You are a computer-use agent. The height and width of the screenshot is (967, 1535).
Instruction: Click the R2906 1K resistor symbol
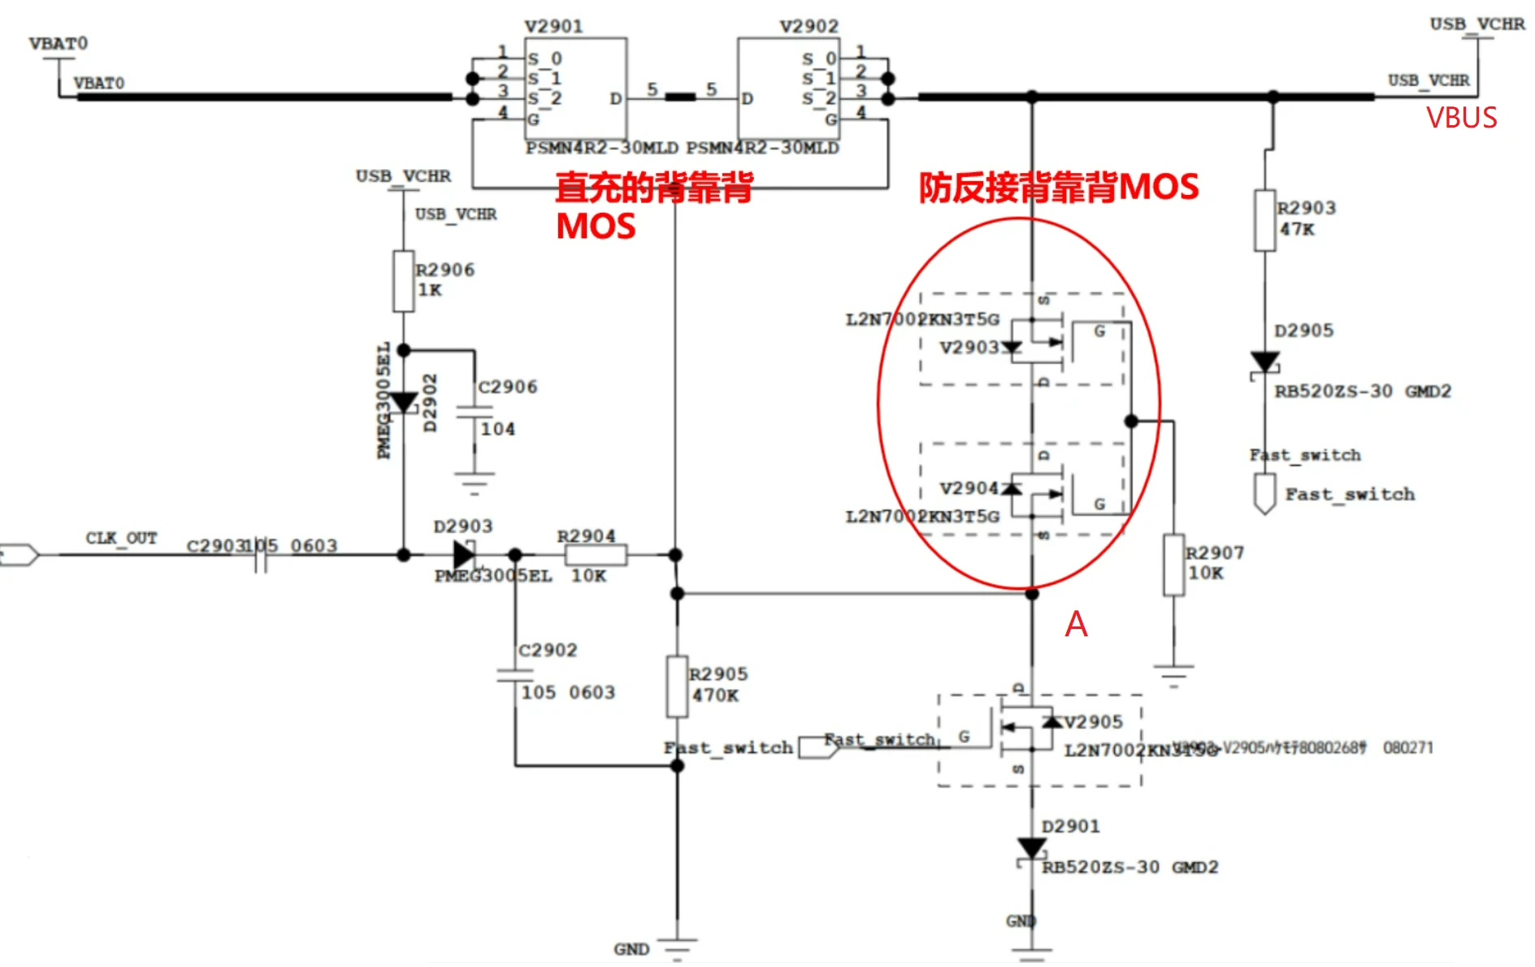click(403, 281)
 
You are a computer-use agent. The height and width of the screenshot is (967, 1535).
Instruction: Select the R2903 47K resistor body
click(1264, 220)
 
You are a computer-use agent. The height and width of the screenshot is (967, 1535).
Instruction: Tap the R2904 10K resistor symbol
click(596, 555)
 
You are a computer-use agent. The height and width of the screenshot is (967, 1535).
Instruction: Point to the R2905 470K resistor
click(677, 687)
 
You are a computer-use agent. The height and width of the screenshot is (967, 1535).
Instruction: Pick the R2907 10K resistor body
click(1173, 565)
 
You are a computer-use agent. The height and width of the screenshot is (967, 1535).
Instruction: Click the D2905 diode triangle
click(1264, 362)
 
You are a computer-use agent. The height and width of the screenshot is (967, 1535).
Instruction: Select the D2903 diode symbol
click(464, 555)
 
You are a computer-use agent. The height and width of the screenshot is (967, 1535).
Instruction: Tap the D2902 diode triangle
click(403, 402)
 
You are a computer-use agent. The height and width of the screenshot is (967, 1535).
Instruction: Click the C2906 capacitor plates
click(475, 412)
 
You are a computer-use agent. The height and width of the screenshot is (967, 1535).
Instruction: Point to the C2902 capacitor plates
click(515, 674)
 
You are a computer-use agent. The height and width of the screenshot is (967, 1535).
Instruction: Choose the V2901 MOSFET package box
click(576, 89)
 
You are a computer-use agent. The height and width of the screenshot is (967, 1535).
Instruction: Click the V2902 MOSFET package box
click(787, 89)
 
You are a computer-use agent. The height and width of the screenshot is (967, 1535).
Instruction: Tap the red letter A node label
click(1076, 624)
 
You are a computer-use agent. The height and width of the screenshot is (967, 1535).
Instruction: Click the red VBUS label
click(1461, 119)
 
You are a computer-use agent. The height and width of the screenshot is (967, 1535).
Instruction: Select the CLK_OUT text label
click(121, 538)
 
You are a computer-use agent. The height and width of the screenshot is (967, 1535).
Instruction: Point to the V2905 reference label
click(1093, 722)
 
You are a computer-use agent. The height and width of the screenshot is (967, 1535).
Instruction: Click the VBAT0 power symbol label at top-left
click(58, 43)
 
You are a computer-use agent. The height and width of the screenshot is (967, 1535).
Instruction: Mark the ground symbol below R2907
click(1173, 674)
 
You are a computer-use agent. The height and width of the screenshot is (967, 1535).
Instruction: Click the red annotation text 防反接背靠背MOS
click(1058, 188)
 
